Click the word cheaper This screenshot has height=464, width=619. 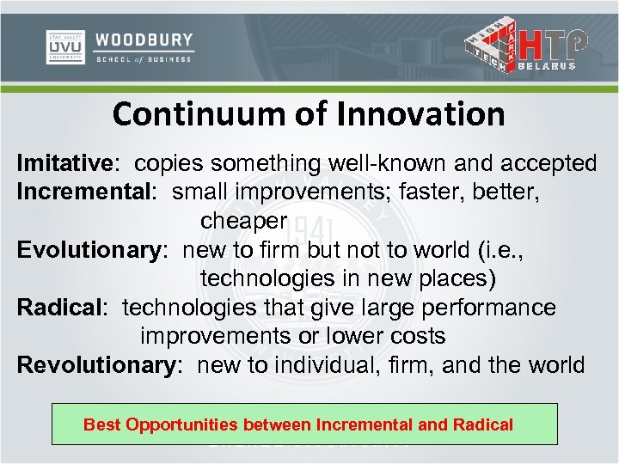[243, 220]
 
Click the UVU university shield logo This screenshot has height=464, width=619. [65, 47]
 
